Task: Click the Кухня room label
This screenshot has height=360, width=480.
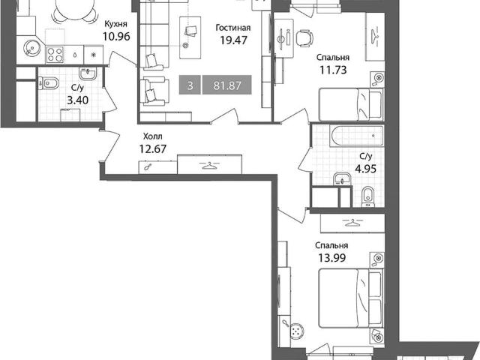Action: [x=116, y=25]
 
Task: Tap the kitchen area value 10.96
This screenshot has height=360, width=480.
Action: [x=116, y=37]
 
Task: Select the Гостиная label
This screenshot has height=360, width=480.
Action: [x=233, y=28]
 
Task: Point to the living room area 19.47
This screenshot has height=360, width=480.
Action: [x=233, y=40]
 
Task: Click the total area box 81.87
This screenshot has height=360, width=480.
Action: [x=227, y=85]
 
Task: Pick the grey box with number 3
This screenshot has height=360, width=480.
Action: [x=190, y=85]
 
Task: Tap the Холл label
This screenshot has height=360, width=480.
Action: [x=153, y=136]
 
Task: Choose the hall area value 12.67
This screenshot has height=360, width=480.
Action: [x=153, y=149]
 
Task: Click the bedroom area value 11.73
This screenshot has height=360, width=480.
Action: [x=333, y=70]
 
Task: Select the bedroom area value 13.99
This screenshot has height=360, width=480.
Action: [x=332, y=258]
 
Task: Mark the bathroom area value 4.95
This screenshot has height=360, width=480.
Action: [x=365, y=169]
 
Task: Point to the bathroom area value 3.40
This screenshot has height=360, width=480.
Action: [x=77, y=100]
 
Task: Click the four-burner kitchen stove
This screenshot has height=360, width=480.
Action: [x=55, y=55]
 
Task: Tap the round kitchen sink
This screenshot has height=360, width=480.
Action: [x=31, y=48]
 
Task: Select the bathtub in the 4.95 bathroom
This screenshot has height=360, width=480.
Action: [x=356, y=136]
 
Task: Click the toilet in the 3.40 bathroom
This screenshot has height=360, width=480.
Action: [x=49, y=83]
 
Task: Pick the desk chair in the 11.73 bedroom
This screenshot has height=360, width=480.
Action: [x=305, y=37]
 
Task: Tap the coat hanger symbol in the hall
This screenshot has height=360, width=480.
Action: [x=209, y=165]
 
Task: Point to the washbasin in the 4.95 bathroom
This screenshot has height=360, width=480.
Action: [x=342, y=178]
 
